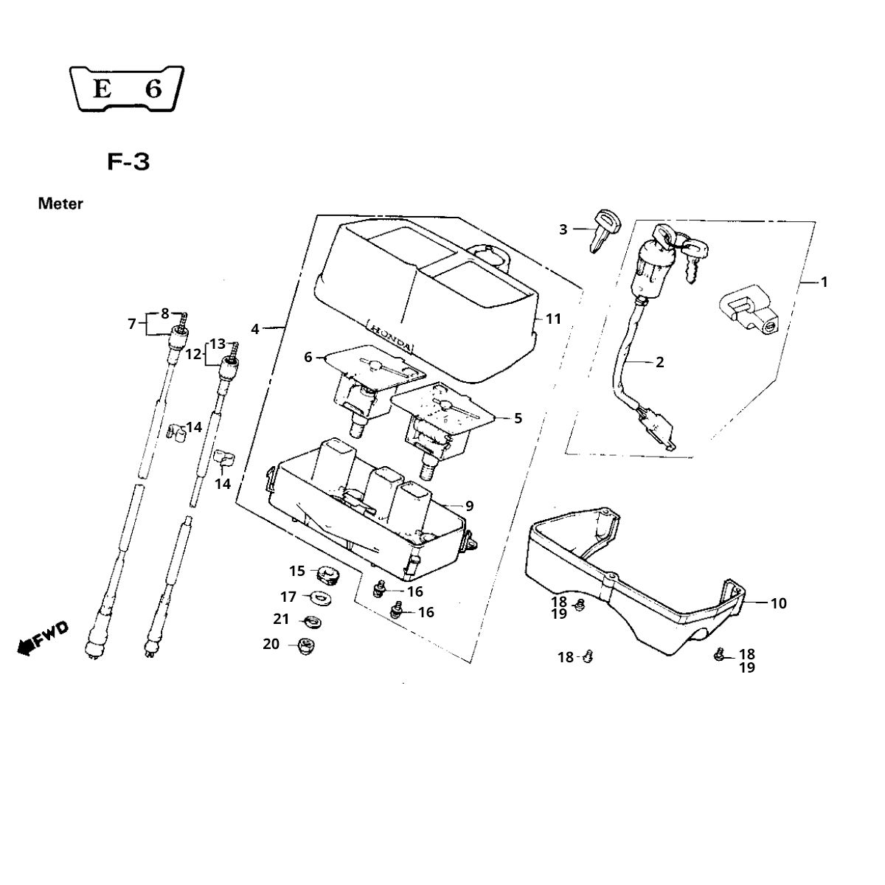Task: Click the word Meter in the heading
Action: pyautogui.click(x=60, y=204)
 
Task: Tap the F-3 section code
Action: pyautogui.click(x=128, y=162)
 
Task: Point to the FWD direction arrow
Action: pyautogui.click(x=41, y=638)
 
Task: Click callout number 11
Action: pyautogui.click(x=553, y=319)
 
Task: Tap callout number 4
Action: pyautogui.click(x=255, y=329)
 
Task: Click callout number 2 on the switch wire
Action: pyautogui.click(x=659, y=362)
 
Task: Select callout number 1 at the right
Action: pyautogui.click(x=824, y=282)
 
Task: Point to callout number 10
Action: pyautogui.click(x=778, y=603)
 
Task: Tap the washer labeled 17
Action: pyautogui.click(x=322, y=596)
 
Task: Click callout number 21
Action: pyautogui.click(x=281, y=619)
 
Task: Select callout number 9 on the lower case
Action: pyautogui.click(x=469, y=506)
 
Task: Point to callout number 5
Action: pyautogui.click(x=518, y=418)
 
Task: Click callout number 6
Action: pyautogui.click(x=308, y=357)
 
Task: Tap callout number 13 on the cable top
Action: pyautogui.click(x=217, y=344)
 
